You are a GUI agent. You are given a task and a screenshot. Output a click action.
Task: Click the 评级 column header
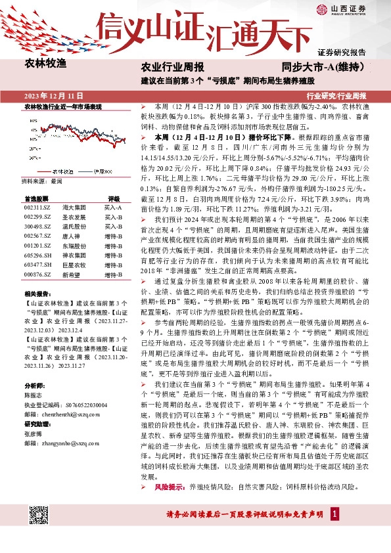pyautogui.click(x=114, y=198)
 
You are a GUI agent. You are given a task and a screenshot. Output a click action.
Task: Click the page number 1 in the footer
pyautogui.click(x=334, y=531)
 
